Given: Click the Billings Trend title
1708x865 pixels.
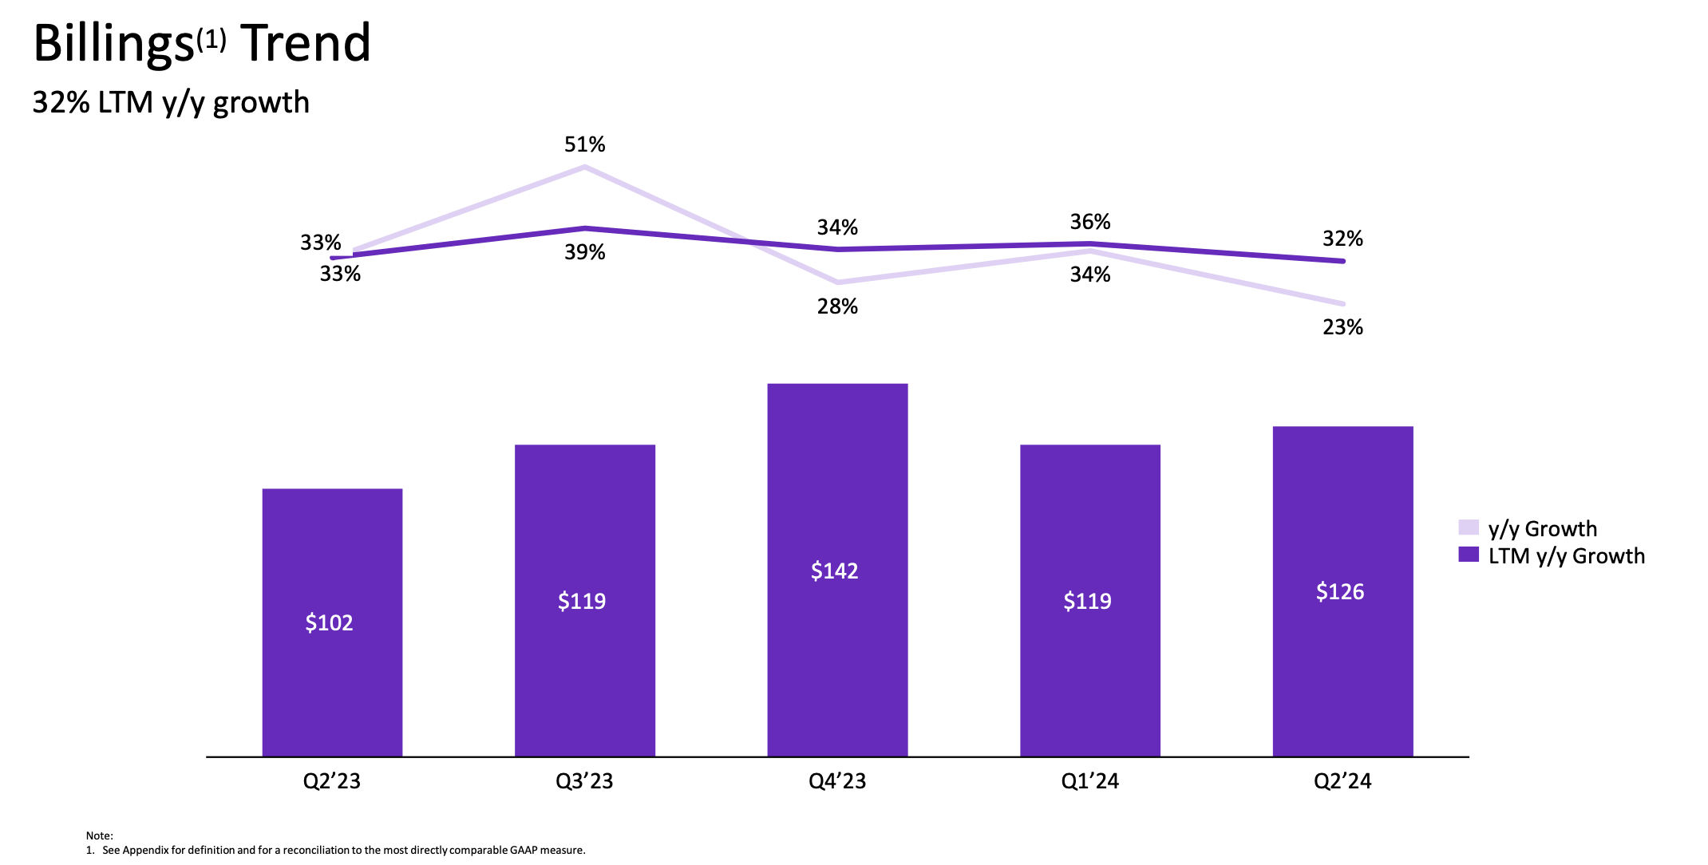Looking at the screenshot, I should click(x=202, y=43).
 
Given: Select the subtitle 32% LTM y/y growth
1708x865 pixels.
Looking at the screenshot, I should click(x=171, y=103).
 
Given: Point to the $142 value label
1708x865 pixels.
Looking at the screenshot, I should click(x=835, y=571).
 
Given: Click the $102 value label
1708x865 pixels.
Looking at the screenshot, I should click(x=329, y=622).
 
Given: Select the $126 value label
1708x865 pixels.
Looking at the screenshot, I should click(x=1340, y=592).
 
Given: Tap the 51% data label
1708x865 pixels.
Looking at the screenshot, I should click(x=584, y=145).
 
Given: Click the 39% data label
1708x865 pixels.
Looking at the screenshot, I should click(x=584, y=253).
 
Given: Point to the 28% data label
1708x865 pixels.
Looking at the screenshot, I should click(x=837, y=307).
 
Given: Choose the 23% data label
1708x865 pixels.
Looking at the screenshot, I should click(x=1342, y=328).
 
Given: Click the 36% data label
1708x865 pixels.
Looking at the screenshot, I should click(x=1090, y=222).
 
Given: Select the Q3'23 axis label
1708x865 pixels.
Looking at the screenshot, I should click(x=584, y=781).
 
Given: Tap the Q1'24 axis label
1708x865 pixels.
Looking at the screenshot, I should click(x=1090, y=781).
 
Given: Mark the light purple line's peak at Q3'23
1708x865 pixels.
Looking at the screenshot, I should click(x=585, y=167).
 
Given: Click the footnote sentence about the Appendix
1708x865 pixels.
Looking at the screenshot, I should click(x=343, y=851).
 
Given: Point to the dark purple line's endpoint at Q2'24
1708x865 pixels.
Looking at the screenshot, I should click(x=1342, y=261).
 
